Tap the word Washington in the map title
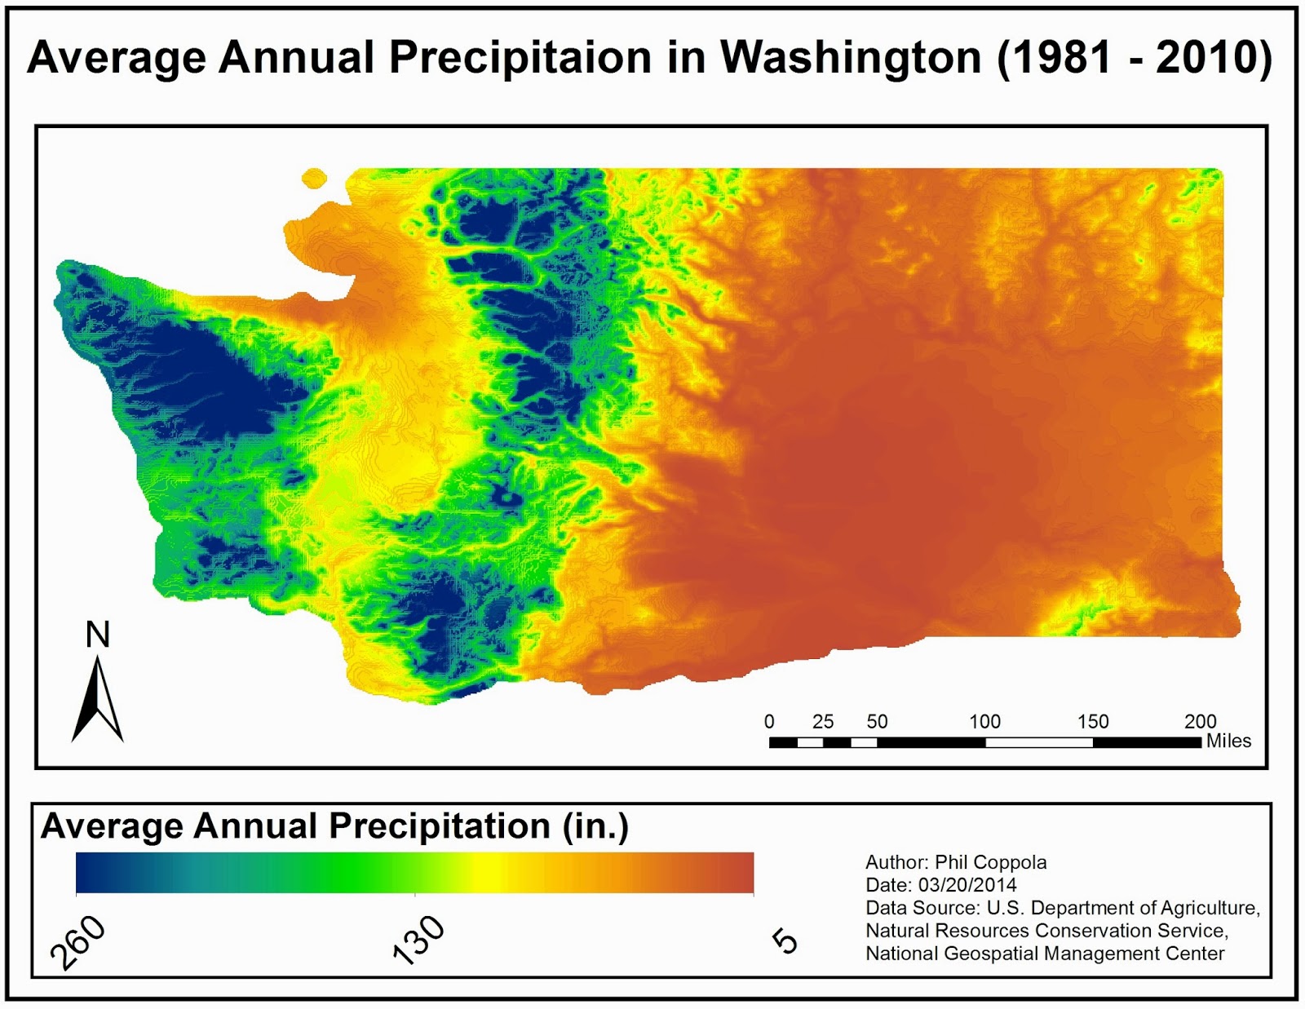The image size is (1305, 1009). tap(851, 59)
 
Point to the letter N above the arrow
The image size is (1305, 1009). tap(98, 635)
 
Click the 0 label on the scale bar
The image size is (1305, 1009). tap(769, 722)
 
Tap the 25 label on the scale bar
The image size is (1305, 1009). tap(823, 722)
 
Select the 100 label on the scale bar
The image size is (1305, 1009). tap(984, 722)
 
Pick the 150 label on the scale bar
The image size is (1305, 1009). tap(1093, 722)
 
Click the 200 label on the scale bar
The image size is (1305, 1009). tap(1200, 722)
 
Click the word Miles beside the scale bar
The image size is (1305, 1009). tap(1228, 741)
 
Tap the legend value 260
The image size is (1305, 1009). tap(77, 942)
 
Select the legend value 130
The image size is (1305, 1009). tap(418, 940)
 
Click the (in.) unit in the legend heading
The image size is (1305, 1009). tap(595, 827)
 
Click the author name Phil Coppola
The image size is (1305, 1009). tap(990, 863)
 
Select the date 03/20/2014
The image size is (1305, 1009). tap(967, 885)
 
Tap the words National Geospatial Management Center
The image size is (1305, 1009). tap(1045, 954)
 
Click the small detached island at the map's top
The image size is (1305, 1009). tap(314, 178)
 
